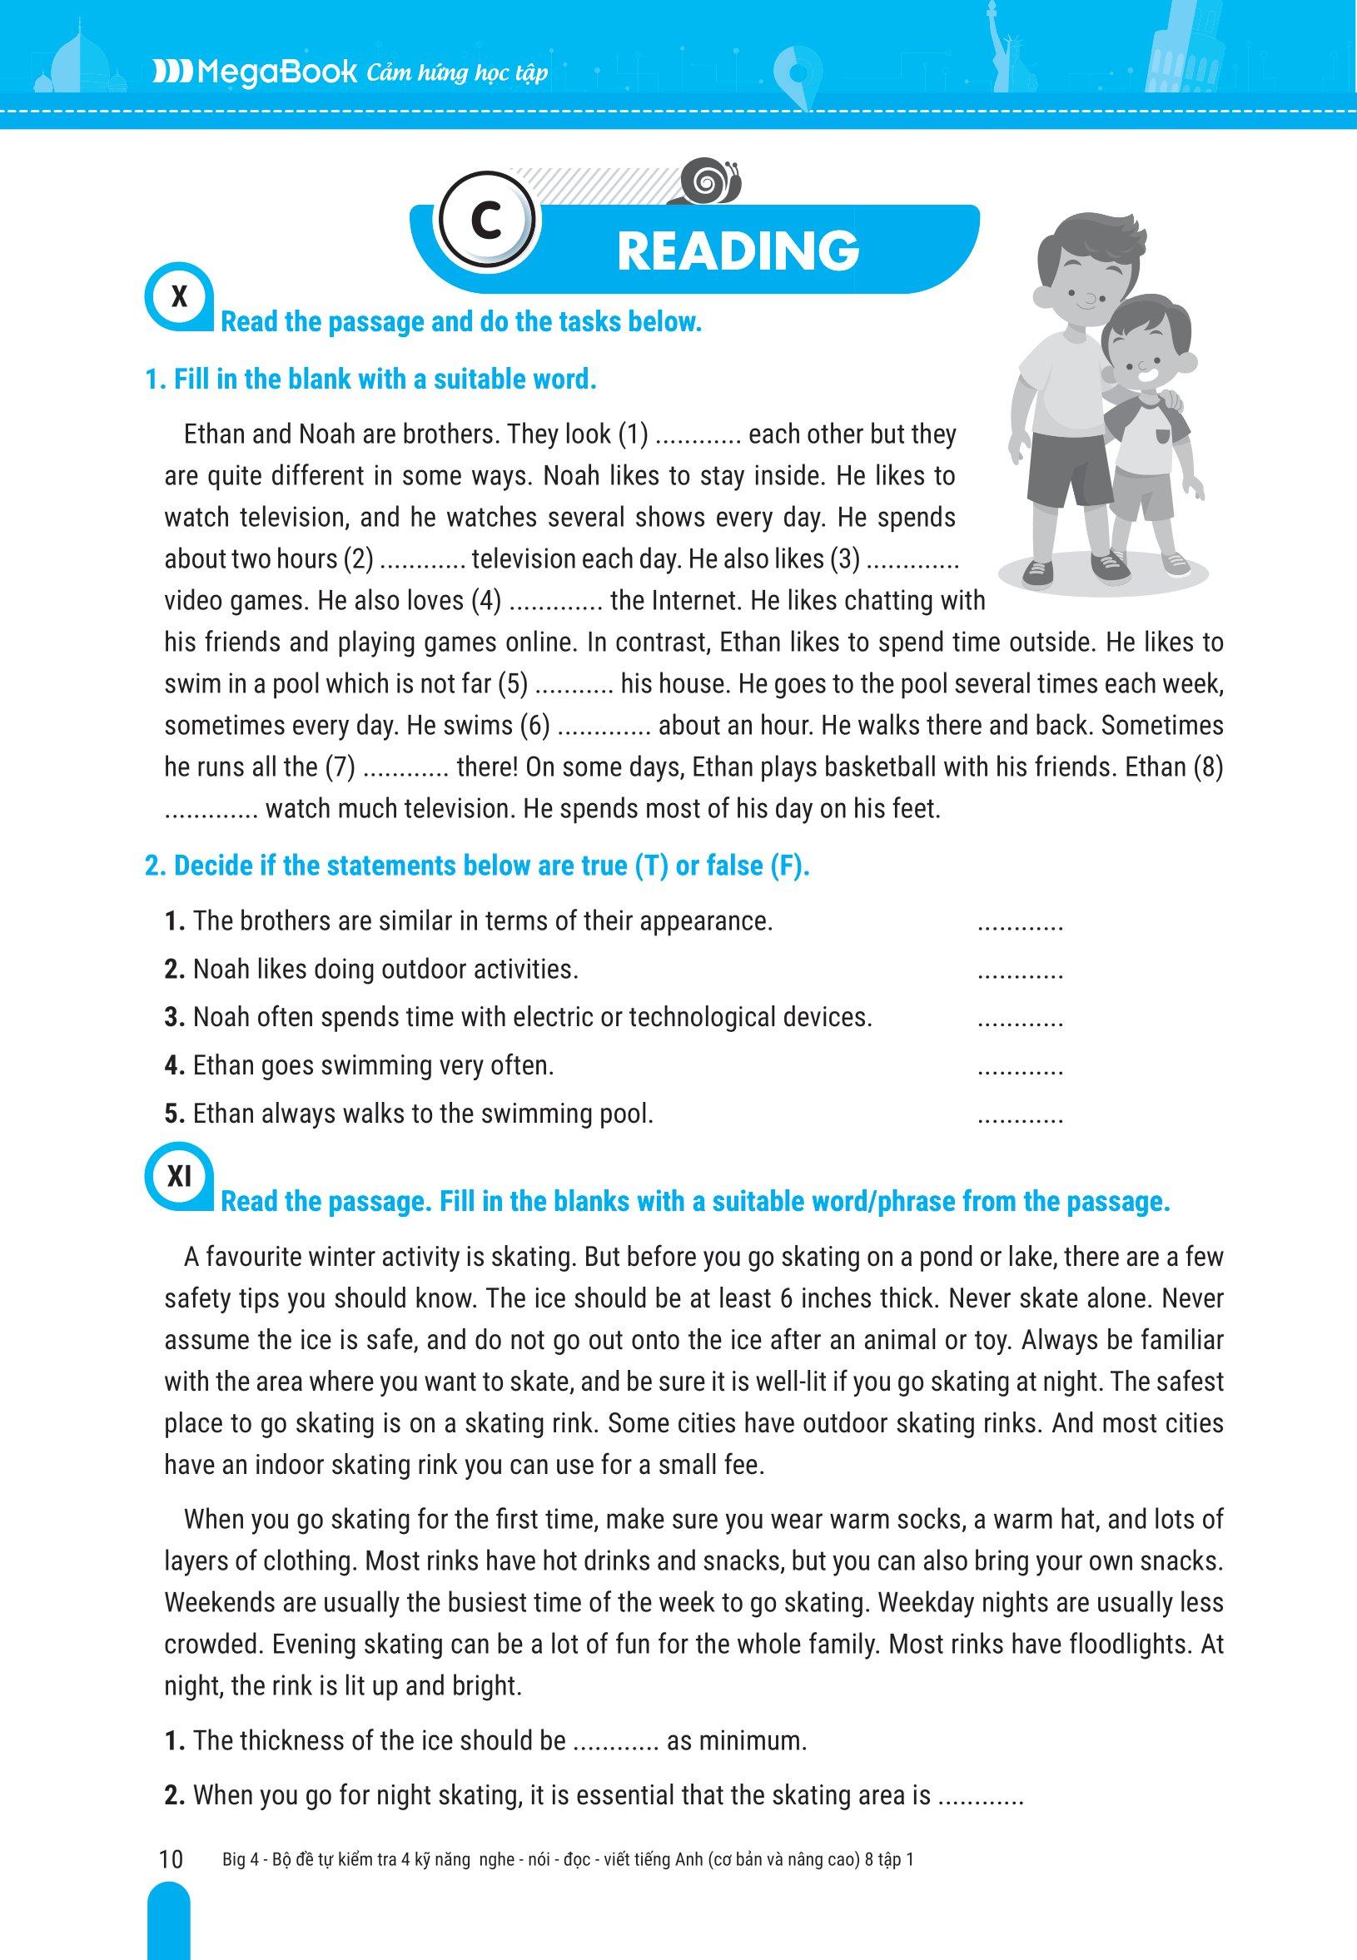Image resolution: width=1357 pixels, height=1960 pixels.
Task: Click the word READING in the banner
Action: pos(737,251)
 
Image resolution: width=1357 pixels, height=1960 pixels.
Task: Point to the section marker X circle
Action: pos(179,298)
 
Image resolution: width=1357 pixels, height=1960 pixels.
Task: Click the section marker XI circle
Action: pos(179,1177)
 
